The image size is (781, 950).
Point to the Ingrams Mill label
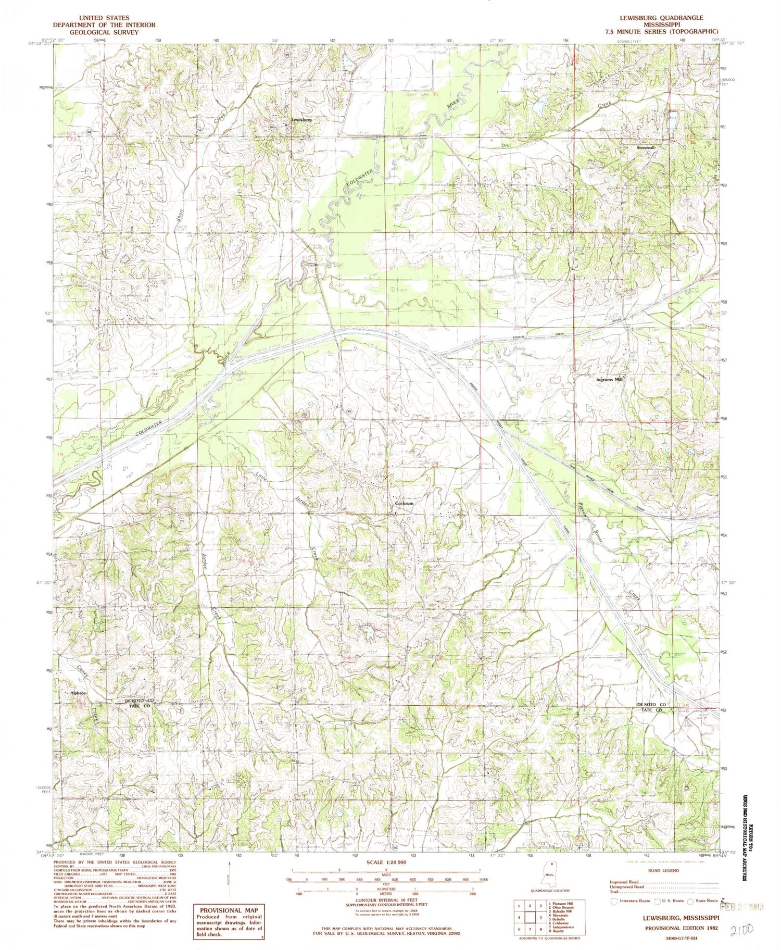coord(609,380)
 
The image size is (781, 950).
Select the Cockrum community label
coord(404,504)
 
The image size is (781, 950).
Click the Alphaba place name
coord(78,693)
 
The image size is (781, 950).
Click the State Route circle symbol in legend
coord(691,915)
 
